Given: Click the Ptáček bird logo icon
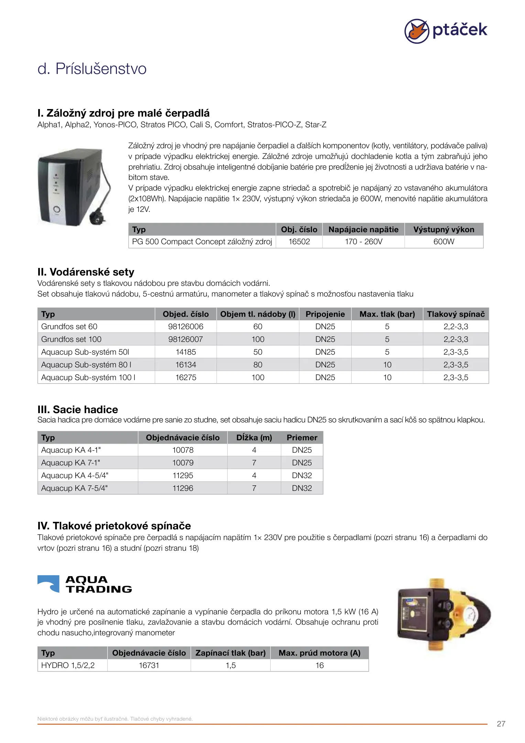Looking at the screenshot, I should [416, 31].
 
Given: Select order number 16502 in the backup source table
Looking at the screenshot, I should [299, 242].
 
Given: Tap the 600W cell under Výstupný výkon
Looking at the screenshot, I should [444, 242].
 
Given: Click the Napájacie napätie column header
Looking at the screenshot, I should [363, 229].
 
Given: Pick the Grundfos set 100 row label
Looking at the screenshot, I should [72, 339].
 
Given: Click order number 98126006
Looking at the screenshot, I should [186, 326].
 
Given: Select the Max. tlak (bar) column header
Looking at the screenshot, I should [387, 314].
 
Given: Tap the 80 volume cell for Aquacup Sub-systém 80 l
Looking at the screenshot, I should [258, 365].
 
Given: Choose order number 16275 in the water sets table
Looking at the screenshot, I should [186, 377].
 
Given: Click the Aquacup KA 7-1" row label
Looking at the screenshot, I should [71, 463].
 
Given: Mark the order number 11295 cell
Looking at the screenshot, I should [183, 475].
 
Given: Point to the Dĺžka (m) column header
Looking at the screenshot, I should [254, 438].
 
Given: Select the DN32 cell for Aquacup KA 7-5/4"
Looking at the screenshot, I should [302, 488].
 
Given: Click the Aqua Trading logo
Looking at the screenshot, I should [85, 584].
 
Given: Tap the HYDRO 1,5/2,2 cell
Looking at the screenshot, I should [68, 665].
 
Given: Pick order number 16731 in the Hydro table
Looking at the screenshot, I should [149, 665].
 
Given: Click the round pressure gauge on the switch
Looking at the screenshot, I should [469, 614].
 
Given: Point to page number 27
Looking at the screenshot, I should [501, 724].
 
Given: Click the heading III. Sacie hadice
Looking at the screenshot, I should [78, 409].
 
